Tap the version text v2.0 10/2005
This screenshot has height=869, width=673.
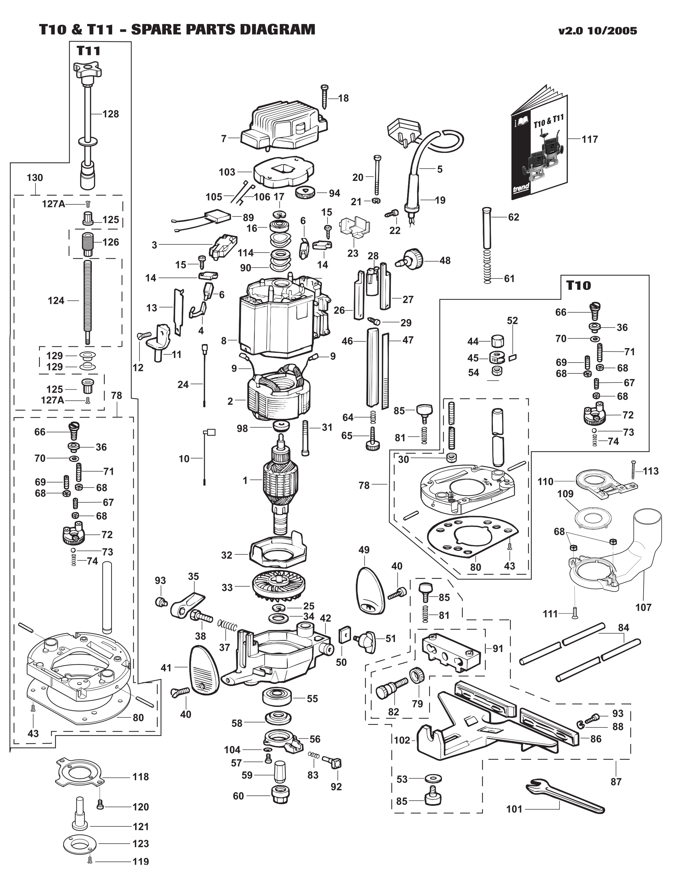pyautogui.click(x=597, y=31)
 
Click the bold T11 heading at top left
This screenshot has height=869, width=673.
pyautogui.click(x=89, y=51)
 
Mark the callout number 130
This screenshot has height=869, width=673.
pyautogui.click(x=35, y=178)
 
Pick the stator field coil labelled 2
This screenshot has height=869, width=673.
pyautogui.click(x=279, y=398)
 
